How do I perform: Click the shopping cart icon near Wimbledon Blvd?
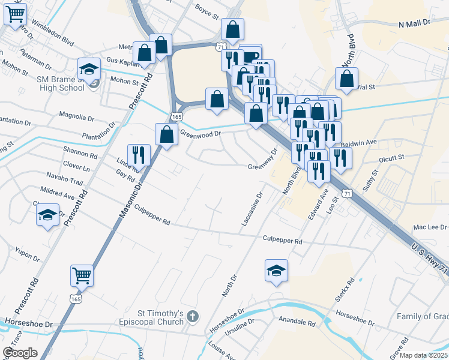16,14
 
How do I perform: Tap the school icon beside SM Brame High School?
89,69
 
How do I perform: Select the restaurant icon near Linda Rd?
139,155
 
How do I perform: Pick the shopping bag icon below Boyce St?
232,29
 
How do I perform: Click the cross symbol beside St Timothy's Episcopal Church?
193,316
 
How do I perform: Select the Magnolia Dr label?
77,114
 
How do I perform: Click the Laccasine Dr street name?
252,209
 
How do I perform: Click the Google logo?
20,353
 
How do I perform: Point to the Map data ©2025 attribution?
420,355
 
